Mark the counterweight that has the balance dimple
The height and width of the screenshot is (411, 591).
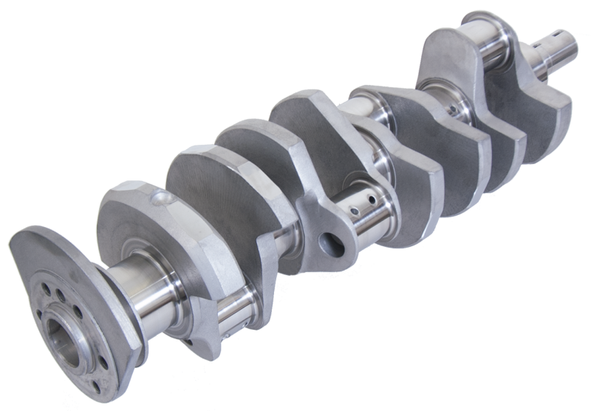click(x=133, y=222)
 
